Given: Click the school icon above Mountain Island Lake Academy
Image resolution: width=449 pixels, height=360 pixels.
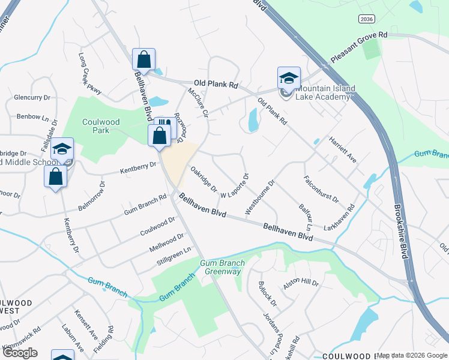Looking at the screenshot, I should click(289, 78).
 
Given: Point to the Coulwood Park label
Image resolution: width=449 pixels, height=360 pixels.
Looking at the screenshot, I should click(101, 126).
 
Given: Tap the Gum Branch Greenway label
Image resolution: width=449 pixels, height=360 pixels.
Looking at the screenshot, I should click(220, 268).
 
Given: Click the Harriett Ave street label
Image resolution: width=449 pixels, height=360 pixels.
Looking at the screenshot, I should click(343, 150).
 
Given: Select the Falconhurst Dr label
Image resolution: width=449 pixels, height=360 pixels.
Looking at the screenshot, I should click(321, 188).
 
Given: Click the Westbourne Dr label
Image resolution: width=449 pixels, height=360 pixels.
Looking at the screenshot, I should click(259, 197).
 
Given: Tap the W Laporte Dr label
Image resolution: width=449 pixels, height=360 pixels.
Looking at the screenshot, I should click(235, 187).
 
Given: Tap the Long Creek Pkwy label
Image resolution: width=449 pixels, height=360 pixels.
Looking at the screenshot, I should click(89, 73).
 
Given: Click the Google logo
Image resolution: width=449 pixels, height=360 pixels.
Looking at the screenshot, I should click(20, 352).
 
